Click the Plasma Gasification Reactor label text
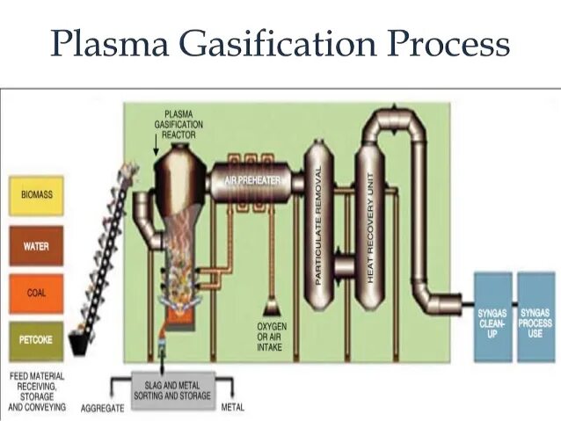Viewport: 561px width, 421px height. coord(183,125)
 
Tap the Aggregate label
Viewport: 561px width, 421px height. coord(101,409)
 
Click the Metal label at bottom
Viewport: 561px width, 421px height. coord(233,408)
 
